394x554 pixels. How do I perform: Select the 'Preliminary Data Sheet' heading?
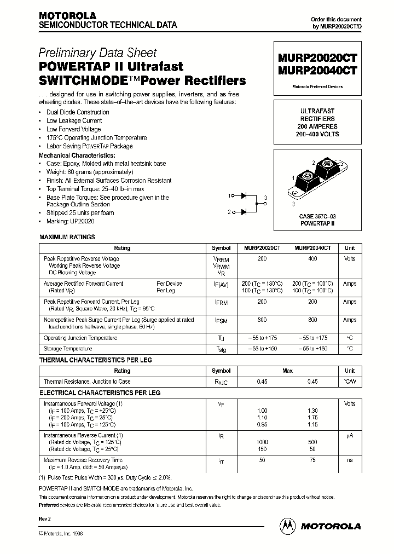point(97,53)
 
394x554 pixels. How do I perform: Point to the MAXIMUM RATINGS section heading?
point(67,237)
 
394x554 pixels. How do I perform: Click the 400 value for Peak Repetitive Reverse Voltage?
point(312,258)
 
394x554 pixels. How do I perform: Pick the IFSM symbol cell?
point(217,320)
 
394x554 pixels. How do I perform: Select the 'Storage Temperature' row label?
point(68,349)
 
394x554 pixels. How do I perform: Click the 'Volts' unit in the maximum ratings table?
point(349,258)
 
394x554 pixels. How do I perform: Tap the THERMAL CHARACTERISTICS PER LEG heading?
point(96,360)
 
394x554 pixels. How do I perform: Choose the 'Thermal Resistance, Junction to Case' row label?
point(87,382)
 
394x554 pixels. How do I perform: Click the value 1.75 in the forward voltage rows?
point(312,417)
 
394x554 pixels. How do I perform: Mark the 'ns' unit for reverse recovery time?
point(349,460)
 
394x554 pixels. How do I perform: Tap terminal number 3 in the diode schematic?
point(265,198)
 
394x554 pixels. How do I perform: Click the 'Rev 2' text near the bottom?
point(44,518)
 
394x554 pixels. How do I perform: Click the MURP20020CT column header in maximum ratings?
point(262,248)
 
